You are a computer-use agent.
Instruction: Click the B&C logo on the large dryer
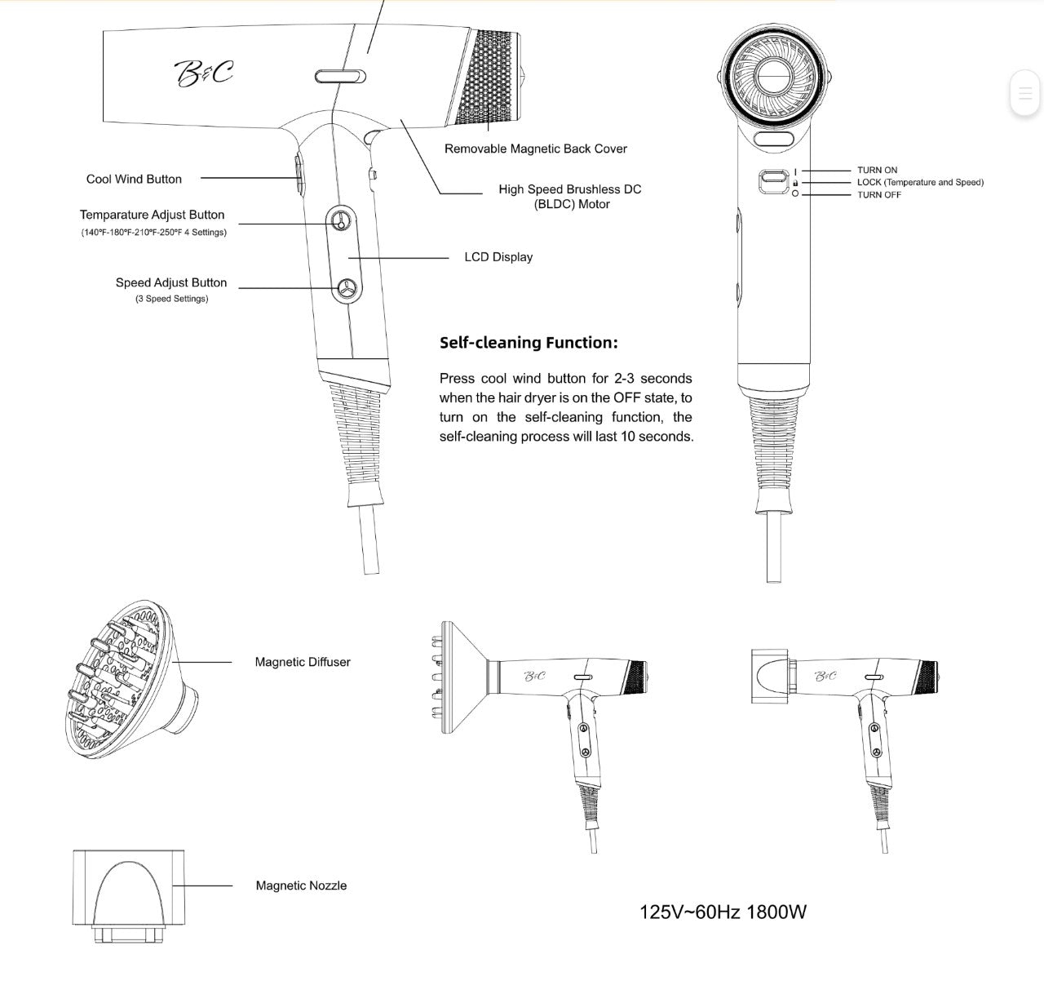coord(204,73)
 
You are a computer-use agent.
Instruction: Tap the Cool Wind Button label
coord(134,180)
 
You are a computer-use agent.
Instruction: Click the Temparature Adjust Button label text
coord(152,215)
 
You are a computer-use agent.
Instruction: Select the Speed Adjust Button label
coord(171,283)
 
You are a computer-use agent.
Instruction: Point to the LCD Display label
coord(498,257)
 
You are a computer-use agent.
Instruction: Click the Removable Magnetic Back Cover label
coord(535,149)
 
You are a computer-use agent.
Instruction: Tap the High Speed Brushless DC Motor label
coord(570,197)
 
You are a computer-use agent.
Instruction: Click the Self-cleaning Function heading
coord(529,343)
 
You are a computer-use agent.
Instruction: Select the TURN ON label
coord(877,171)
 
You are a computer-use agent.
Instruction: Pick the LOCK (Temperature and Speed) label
coord(920,183)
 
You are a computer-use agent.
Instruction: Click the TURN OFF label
coord(879,195)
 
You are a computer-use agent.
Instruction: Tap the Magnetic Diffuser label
coord(303,663)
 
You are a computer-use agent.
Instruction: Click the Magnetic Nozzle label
coord(301,886)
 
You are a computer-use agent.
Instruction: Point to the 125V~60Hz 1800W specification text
coord(723,912)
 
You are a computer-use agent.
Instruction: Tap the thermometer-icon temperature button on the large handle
coord(341,220)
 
